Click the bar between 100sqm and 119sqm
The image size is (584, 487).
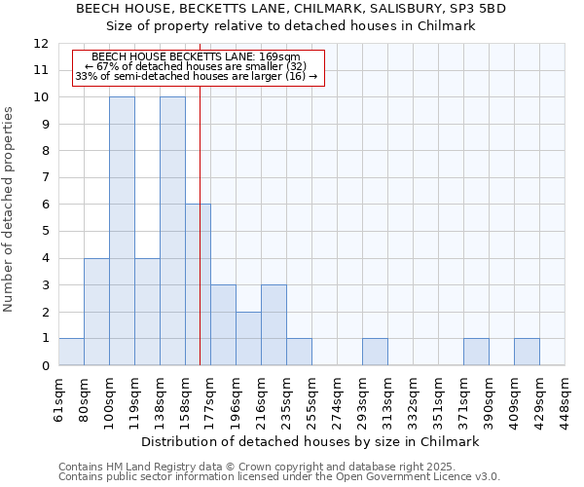point(122,231)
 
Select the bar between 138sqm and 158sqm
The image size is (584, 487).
point(172,231)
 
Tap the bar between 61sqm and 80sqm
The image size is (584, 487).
point(71,352)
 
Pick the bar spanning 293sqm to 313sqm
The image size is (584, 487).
point(375,352)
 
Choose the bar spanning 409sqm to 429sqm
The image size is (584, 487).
point(527,352)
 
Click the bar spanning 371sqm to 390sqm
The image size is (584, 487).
point(476,352)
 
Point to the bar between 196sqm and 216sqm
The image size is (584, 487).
point(248,338)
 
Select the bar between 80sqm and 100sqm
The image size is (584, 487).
point(96,312)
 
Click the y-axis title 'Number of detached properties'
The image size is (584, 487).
point(9,209)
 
